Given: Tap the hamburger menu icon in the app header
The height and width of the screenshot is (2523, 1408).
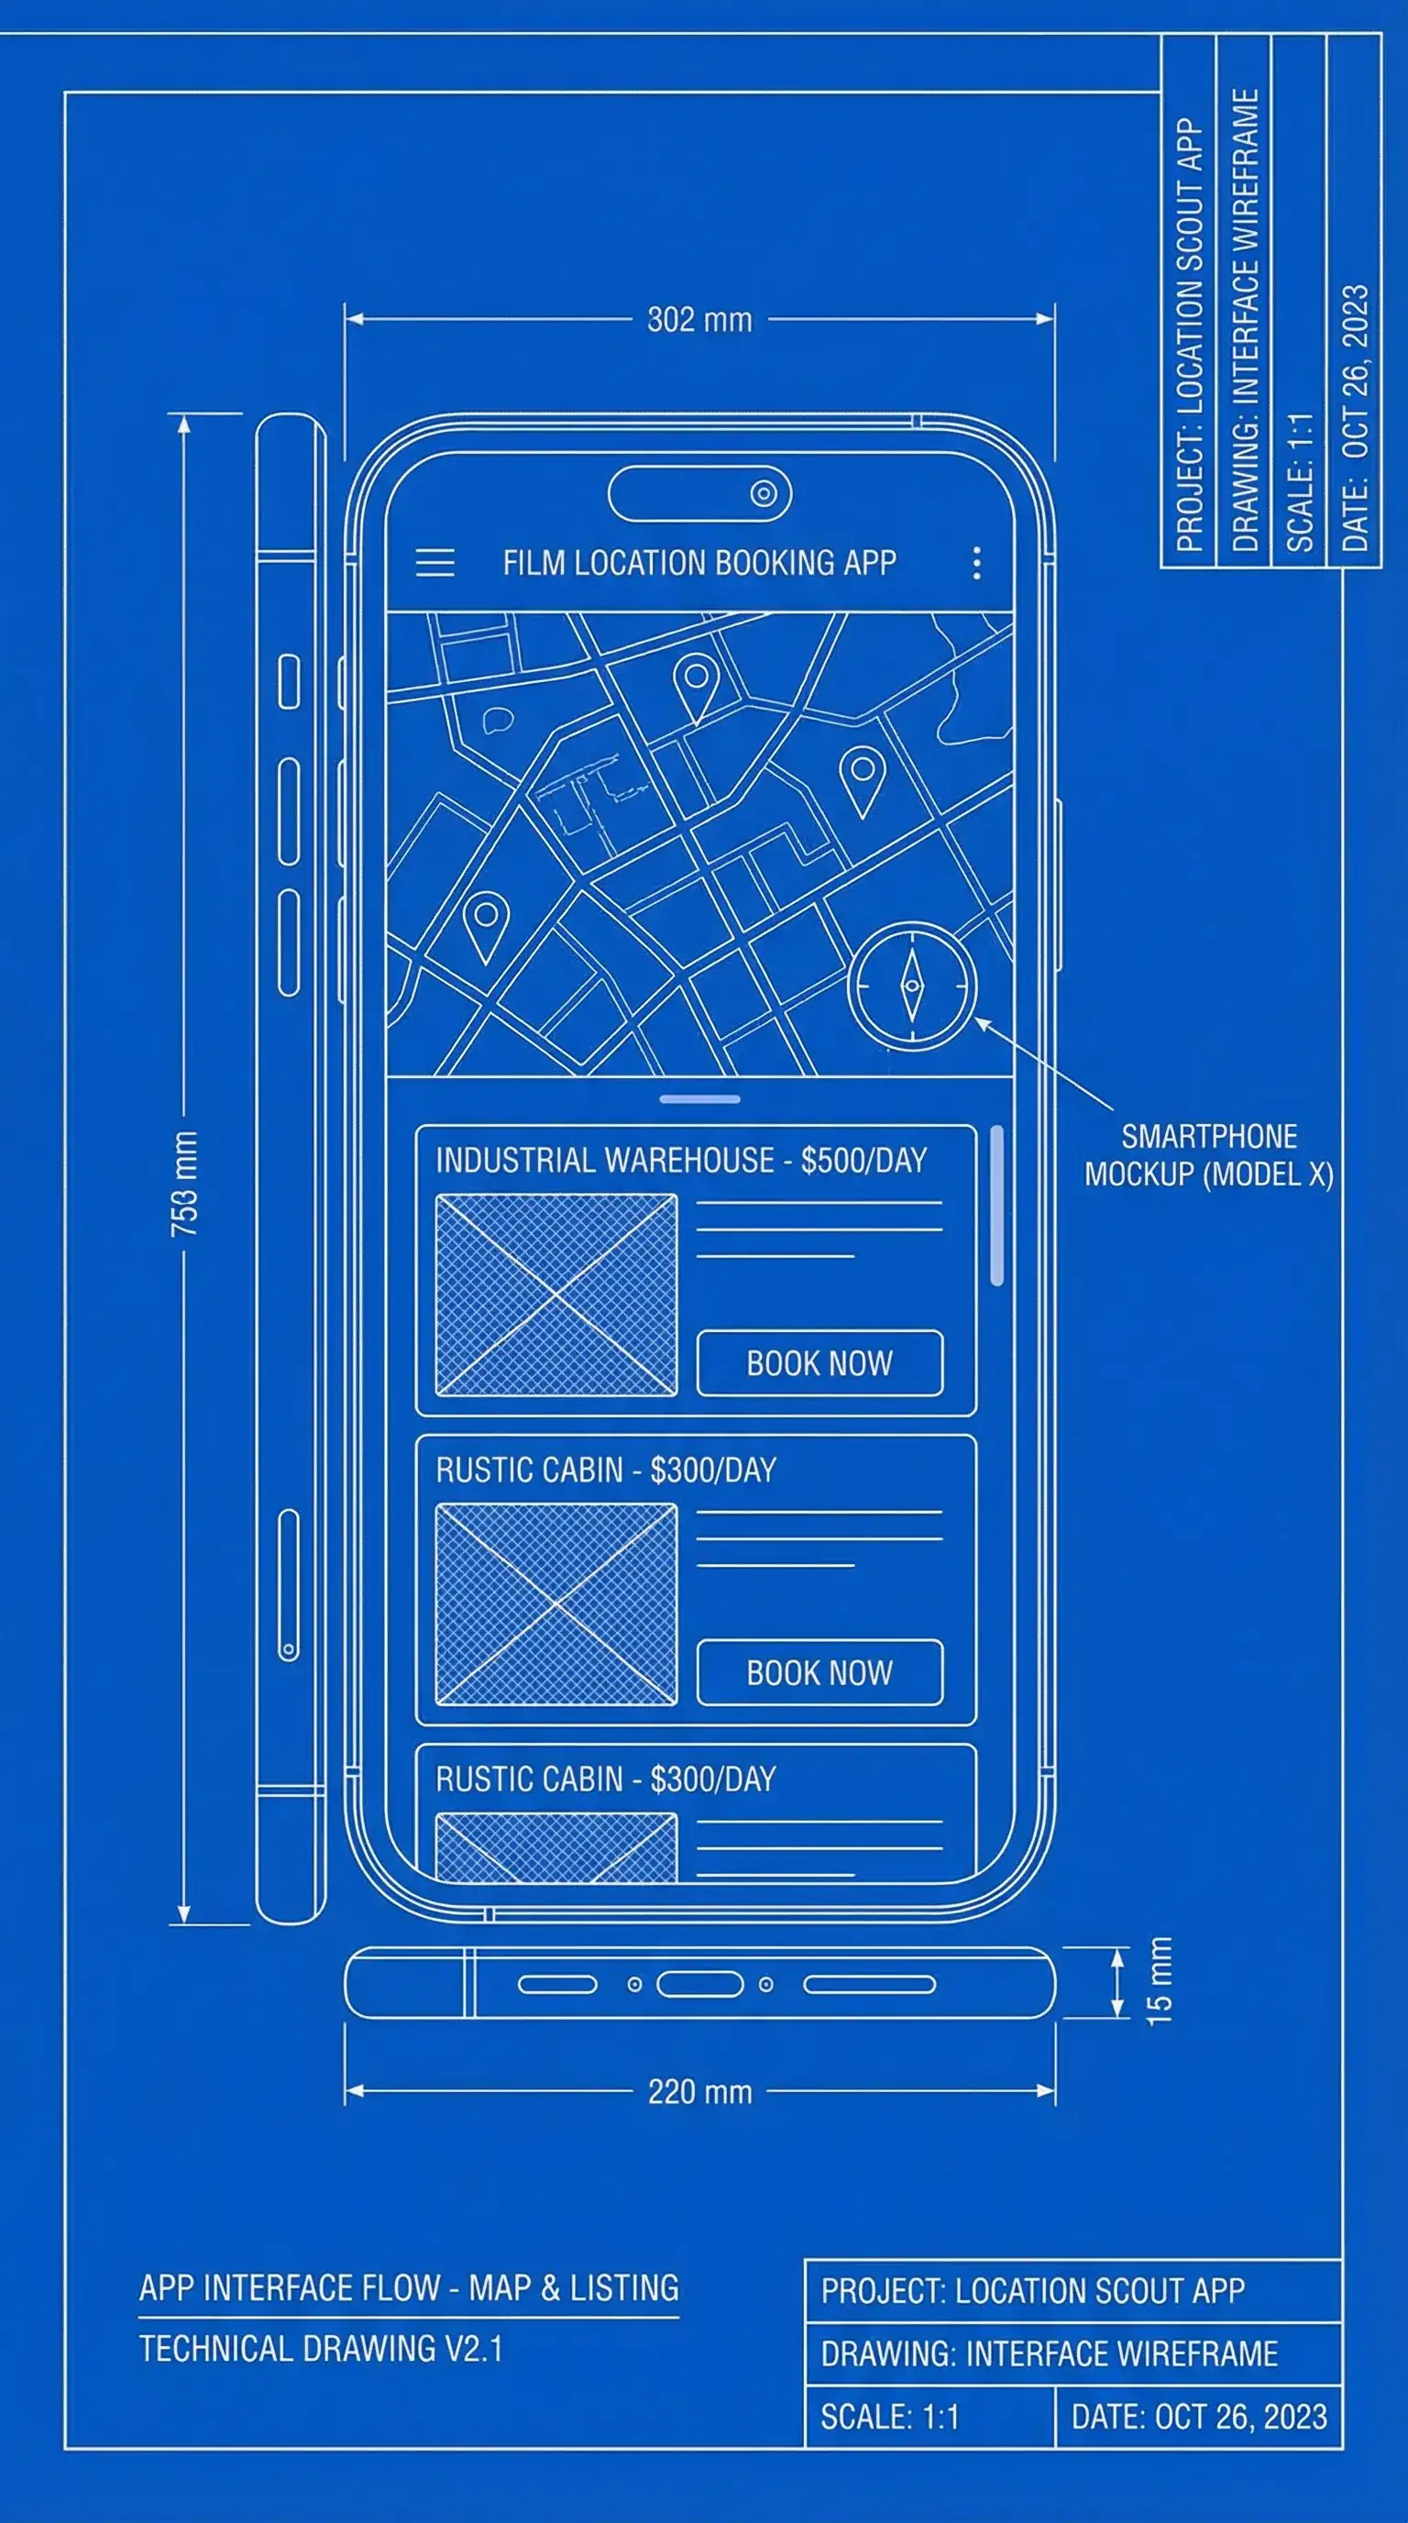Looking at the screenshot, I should (x=434, y=563).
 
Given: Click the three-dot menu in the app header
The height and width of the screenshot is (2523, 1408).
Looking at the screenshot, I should (x=976, y=563).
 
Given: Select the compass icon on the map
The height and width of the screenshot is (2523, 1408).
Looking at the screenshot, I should (x=911, y=986).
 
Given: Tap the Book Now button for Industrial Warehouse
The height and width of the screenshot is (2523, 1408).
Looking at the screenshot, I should (x=819, y=1363).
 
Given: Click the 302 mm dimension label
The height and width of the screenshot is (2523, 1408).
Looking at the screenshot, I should (x=699, y=320).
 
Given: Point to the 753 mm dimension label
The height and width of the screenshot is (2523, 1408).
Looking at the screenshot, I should (x=185, y=1184).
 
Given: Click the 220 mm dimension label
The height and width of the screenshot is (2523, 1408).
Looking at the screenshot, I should (x=699, y=2092).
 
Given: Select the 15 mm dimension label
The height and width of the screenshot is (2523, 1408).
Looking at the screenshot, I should (x=1159, y=1981).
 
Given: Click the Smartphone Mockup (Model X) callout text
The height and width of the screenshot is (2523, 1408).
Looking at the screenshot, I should (x=1208, y=1156).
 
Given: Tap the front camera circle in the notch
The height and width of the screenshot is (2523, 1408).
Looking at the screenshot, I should (x=764, y=493).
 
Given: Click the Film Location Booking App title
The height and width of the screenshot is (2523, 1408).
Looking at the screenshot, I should (x=699, y=563).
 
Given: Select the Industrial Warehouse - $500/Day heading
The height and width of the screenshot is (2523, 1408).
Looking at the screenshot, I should (x=680, y=1161).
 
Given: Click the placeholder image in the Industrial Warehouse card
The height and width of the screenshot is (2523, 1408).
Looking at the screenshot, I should (x=556, y=1295).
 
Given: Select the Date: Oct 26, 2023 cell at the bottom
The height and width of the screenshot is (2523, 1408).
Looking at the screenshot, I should (x=1198, y=2418).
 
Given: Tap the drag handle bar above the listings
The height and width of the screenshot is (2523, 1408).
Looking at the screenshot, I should (x=699, y=1099).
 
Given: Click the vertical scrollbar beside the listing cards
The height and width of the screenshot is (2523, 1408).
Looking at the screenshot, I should (x=996, y=1206).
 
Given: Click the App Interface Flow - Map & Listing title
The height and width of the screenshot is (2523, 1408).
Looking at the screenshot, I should (x=408, y=2288).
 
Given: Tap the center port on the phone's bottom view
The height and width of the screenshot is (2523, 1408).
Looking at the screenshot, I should (x=699, y=1984).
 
